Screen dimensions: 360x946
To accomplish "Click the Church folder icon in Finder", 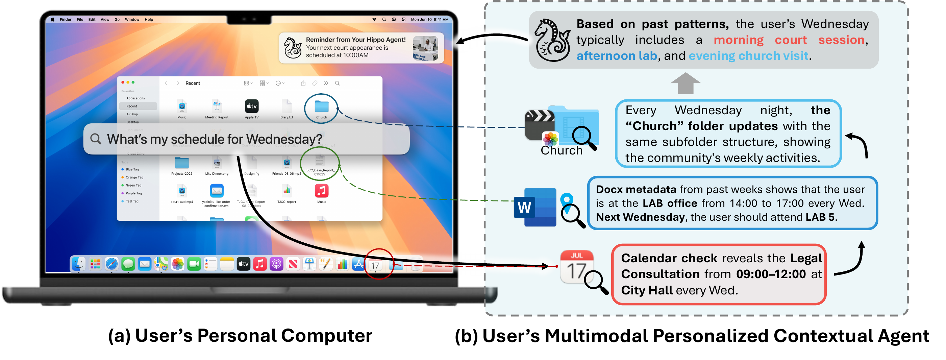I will pyautogui.click(x=321, y=107).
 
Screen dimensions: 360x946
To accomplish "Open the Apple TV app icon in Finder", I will pyautogui.click(x=252, y=106).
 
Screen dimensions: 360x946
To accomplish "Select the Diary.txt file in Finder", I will pyautogui.click(x=287, y=107).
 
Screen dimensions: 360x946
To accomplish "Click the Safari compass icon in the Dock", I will pyautogui.click(x=111, y=264).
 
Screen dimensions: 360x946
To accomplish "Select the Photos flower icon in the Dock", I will pyautogui.click(x=177, y=264).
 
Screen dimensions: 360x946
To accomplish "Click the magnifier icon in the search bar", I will pyautogui.click(x=96, y=139).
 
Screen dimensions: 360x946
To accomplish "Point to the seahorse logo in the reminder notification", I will pyautogui.click(x=293, y=48).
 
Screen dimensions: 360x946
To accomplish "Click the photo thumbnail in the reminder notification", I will pyautogui.click(x=425, y=48).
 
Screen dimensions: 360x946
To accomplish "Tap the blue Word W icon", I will pyautogui.click(x=534, y=207).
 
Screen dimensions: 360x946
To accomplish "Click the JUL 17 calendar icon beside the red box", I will pyautogui.click(x=577, y=267).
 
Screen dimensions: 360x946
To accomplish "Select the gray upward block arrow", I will pyautogui.click(x=685, y=83).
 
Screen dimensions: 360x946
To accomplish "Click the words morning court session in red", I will pyautogui.click(x=790, y=40).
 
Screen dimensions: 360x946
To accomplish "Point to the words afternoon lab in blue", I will pyautogui.click(x=616, y=56).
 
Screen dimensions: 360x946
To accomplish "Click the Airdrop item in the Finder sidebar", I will pyautogui.click(x=132, y=114).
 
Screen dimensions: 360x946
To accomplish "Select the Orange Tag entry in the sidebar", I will pyautogui.click(x=134, y=177).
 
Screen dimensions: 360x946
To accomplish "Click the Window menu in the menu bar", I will pyautogui.click(x=132, y=20).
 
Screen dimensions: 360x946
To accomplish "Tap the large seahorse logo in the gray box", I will pyautogui.click(x=552, y=41).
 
